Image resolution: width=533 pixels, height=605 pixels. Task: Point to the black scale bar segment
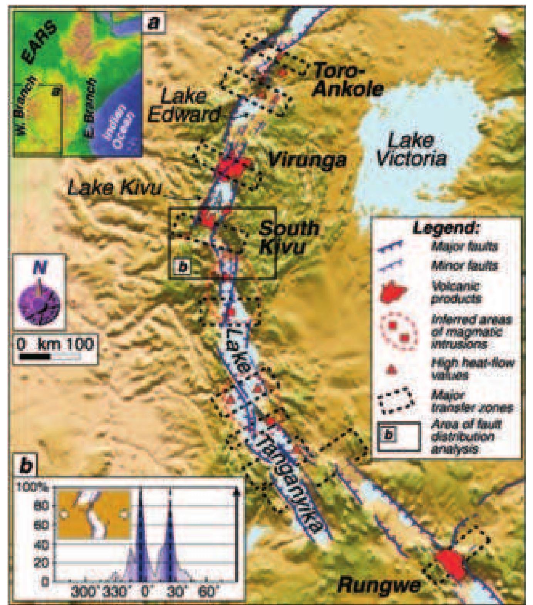click(34, 357)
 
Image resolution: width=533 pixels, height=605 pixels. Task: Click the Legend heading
click(445, 228)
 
